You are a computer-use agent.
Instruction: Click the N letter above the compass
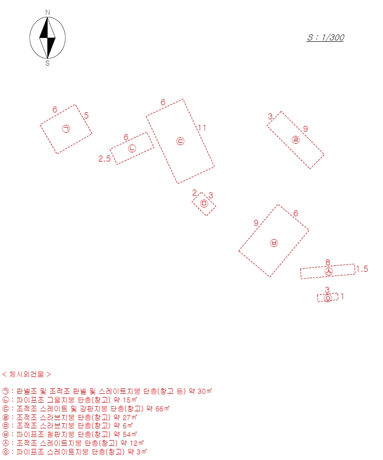48,12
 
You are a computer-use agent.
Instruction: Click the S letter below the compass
48,63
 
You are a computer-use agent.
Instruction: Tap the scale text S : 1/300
326,38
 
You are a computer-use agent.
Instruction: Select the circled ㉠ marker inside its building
66,129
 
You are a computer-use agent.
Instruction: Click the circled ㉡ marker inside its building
132,148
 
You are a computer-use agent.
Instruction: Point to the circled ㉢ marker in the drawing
180,141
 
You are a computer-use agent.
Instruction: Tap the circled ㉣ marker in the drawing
296,140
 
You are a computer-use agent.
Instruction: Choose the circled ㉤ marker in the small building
204,203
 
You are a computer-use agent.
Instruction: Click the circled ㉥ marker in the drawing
274,243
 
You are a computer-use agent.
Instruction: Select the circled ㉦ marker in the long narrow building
329,272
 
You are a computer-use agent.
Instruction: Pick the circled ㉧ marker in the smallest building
328,298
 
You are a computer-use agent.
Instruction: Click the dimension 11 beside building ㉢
202,128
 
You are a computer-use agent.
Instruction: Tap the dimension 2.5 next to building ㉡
105,159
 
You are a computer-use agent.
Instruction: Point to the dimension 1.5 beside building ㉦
362,269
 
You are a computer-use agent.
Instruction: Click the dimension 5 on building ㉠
86,115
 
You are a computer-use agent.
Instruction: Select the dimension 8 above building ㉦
328,262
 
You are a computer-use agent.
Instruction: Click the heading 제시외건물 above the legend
27,374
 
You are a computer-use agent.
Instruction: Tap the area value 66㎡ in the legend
162,409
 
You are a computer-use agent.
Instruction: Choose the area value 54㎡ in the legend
130,434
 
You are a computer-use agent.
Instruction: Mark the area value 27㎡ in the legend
130,417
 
